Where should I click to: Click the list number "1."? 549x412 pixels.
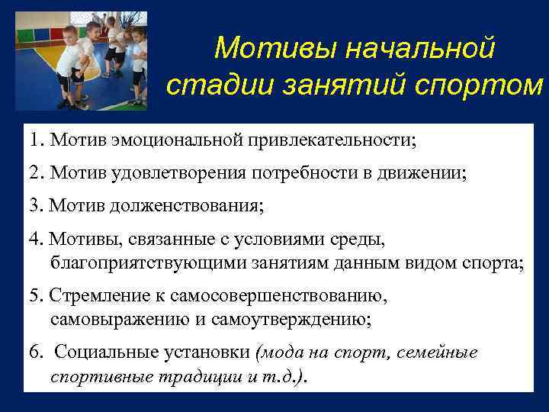point(37,140)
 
